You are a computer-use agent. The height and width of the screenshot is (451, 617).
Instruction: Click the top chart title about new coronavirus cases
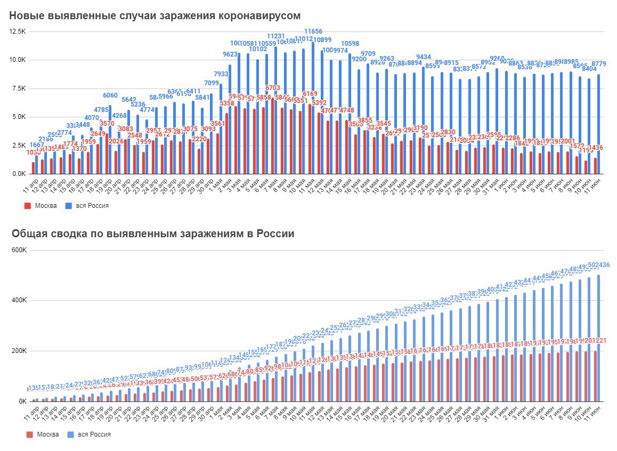155,15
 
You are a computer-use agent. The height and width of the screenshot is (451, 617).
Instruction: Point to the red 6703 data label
273,88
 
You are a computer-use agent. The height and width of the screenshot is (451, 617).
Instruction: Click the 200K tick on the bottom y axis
23,351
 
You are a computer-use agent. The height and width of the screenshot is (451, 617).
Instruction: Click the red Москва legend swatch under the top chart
28,205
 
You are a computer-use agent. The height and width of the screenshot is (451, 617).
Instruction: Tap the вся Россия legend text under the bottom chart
94,434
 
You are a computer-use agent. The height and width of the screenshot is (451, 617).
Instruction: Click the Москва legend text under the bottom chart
47,434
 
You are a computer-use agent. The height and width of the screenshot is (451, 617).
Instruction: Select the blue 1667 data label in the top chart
36,144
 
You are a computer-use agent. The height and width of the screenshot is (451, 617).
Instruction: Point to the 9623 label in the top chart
230,54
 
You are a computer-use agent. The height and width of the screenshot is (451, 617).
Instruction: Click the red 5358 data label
226,103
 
